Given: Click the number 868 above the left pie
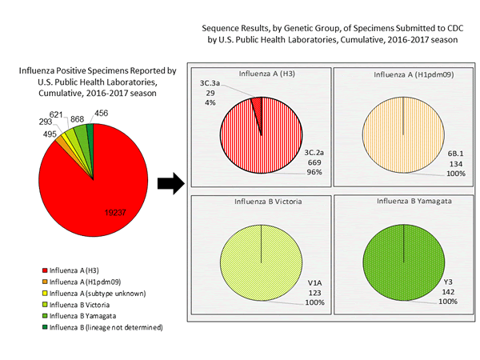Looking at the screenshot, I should pos(78,118).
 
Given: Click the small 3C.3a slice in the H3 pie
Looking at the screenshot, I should pos(257,104).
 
